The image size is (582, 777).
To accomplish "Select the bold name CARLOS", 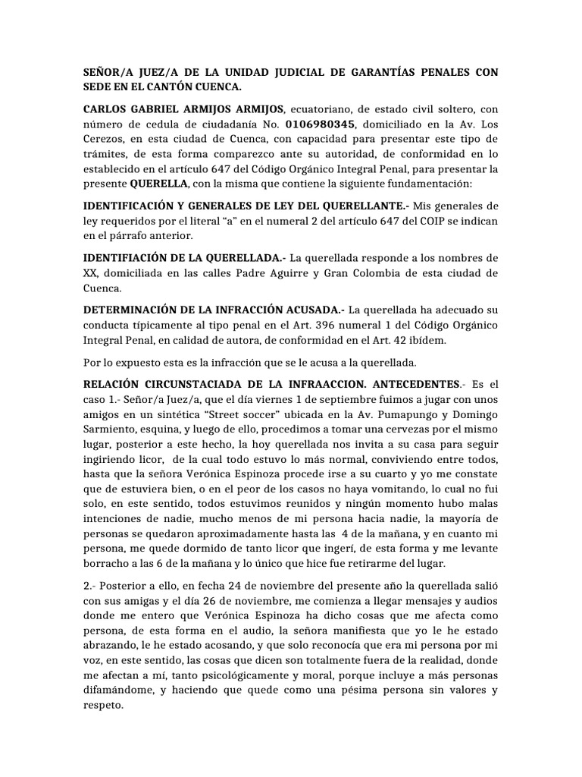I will [x=108, y=109].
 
